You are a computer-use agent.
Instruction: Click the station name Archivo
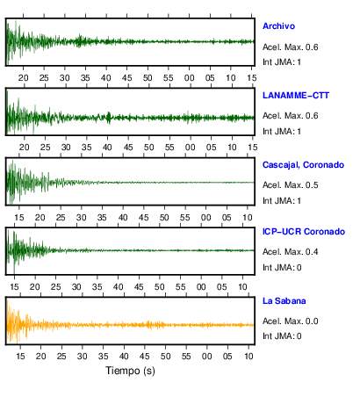pyautogui.click(x=278, y=26)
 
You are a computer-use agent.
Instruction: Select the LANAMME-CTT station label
pyautogui.click(x=296, y=96)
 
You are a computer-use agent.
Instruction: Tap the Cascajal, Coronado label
pyautogui.click(x=303, y=165)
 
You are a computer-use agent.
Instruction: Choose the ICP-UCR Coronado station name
pyautogui.click(x=304, y=232)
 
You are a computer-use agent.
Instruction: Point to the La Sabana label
pyautogui.click(x=284, y=301)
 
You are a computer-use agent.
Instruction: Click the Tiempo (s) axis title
pyautogui.click(x=130, y=371)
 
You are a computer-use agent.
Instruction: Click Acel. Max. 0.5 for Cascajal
pyautogui.click(x=290, y=185)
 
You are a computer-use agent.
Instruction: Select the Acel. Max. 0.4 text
pyautogui.click(x=290, y=252)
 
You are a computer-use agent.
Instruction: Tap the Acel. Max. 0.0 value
pyautogui.click(x=290, y=321)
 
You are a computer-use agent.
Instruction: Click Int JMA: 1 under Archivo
pyautogui.click(x=282, y=62)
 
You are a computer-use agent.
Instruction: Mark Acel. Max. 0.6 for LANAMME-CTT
pyautogui.click(x=290, y=116)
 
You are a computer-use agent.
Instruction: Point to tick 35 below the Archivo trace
pyautogui.click(x=85, y=78)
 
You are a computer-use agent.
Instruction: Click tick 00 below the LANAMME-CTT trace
pyautogui.click(x=191, y=148)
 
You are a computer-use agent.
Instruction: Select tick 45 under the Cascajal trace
pyautogui.click(x=143, y=218)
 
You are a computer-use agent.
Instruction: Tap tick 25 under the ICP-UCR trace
pyautogui.click(x=55, y=286)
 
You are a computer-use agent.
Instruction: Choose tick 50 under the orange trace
pyautogui.click(x=165, y=357)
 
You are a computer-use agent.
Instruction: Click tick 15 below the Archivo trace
pyautogui.click(x=252, y=78)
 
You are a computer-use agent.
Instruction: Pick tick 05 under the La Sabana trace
pyautogui.click(x=227, y=357)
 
